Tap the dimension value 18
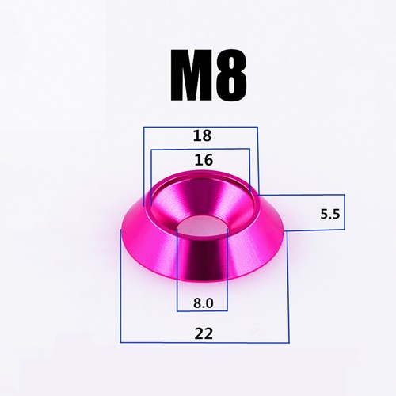(x=203, y=135)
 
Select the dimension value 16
(x=204, y=160)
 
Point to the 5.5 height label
(x=330, y=214)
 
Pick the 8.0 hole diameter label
(x=203, y=303)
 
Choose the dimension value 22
(x=204, y=333)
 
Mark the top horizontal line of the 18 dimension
(x=200, y=128)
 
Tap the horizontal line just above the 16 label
(x=200, y=149)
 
